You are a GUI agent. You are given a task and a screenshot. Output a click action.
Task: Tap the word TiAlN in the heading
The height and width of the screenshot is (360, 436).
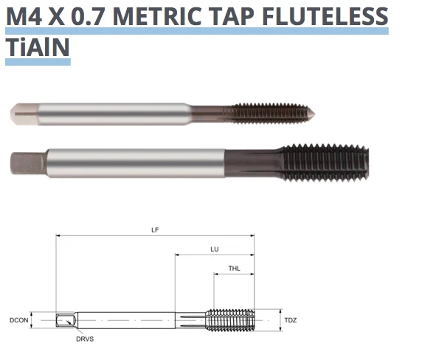pyautogui.click(x=38, y=47)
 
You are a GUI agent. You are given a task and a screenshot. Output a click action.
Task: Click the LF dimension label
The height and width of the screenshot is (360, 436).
pyautogui.click(x=155, y=230)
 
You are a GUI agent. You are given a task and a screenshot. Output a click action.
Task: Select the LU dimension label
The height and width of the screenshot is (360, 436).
pyautogui.click(x=215, y=249)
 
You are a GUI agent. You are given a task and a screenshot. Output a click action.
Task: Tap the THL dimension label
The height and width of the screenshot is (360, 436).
pyautogui.click(x=234, y=269)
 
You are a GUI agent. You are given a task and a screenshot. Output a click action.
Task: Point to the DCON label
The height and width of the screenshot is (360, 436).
pyautogui.click(x=19, y=321)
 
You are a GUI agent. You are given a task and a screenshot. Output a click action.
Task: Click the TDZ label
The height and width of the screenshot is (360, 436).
pyautogui.click(x=290, y=321)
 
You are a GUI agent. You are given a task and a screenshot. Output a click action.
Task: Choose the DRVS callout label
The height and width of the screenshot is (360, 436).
pyautogui.click(x=84, y=339)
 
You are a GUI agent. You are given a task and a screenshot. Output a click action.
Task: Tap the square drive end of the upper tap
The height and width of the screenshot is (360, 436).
pyautogui.click(x=22, y=114)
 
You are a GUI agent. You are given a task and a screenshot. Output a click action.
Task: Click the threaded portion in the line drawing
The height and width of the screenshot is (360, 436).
pyautogui.click(x=230, y=321)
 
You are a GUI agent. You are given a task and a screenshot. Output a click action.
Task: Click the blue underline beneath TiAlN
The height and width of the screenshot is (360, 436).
pyautogui.click(x=38, y=63)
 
